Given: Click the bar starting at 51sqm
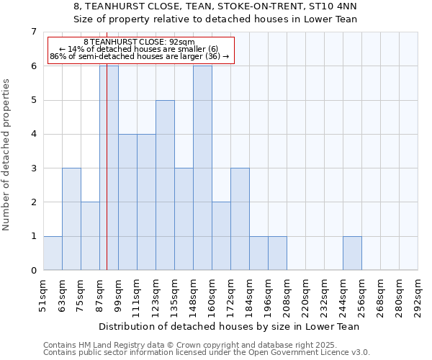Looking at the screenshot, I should [x=53, y=253].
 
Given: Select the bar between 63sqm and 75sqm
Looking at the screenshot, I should [x=71, y=219].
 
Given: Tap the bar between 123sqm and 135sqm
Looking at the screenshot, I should [x=165, y=185].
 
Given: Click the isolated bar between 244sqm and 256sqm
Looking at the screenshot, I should [x=352, y=253].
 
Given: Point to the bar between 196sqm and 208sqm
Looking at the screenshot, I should [x=277, y=253].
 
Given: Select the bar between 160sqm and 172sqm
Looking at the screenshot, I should [x=221, y=236].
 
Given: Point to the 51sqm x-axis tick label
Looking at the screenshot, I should [x=44, y=294].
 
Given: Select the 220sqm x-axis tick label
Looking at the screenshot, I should [x=306, y=296].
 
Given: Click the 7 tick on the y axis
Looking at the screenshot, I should [x=32, y=32].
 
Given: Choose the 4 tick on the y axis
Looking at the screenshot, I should [x=32, y=134].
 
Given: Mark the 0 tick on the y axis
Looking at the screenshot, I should [x=32, y=270].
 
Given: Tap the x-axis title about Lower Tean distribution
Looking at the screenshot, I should [x=230, y=326].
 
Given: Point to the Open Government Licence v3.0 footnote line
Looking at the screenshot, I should [x=207, y=353].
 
